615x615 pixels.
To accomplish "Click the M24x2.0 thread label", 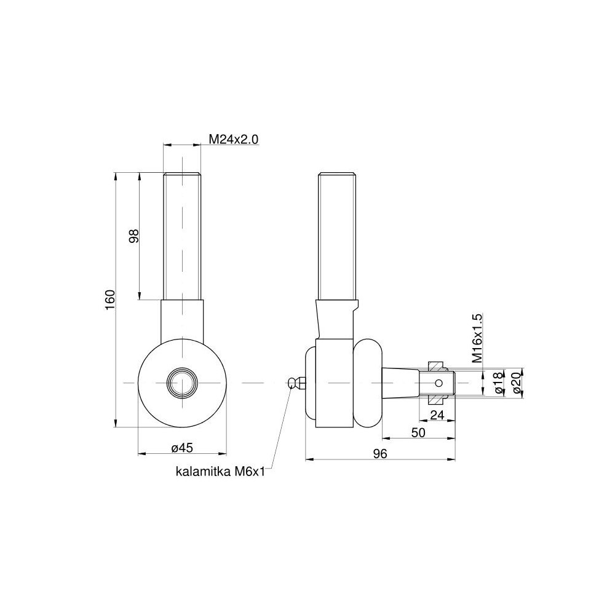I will [233, 140].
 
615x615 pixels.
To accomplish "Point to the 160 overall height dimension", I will [109, 300].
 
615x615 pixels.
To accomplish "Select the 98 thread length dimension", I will [133, 236].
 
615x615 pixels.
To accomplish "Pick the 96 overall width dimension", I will [379, 454].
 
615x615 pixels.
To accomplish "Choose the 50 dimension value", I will [418, 433].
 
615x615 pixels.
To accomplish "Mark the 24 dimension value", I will [437, 415].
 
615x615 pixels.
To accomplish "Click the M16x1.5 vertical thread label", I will [477, 339].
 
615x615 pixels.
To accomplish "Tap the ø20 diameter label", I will [516, 383].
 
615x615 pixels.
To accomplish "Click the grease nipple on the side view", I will [296, 383].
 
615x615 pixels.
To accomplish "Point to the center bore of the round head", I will [182, 383].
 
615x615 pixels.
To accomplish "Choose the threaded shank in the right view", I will [337, 237].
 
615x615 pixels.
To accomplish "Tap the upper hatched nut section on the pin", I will [436, 367].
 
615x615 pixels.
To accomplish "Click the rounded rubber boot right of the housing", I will [368, 383].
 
